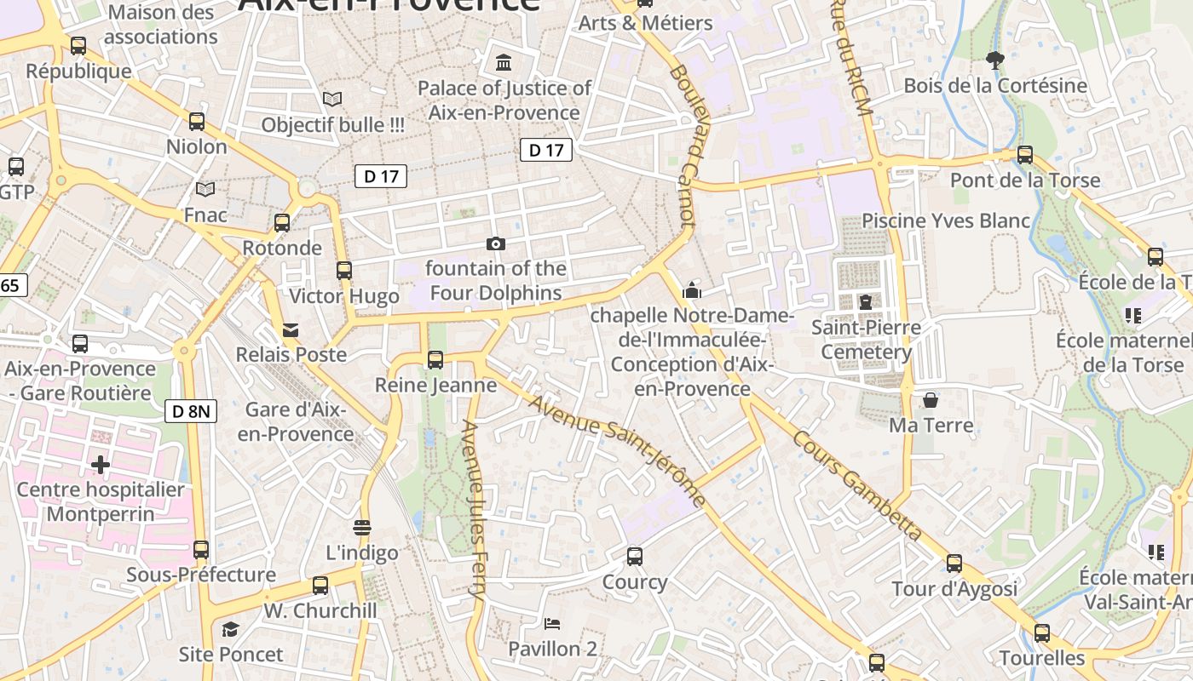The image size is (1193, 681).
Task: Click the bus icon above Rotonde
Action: pyautogui.click(x=282, y=223)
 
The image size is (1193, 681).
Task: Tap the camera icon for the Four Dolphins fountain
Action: pyautogui.click(x=495, y=244)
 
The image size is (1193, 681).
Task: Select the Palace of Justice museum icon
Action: pyautogui.click(x=504, y=62)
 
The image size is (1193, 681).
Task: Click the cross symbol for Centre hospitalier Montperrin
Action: pyautogui.click(x=101, y=465)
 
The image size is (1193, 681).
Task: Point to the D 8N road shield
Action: pyautogui.click(x=191, y=412)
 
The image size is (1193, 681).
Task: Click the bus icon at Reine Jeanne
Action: pyautogui.click(x=435, y=360)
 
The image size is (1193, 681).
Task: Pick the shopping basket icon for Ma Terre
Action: pyautogui.click(x=931, y=399)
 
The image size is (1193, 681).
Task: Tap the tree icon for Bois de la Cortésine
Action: pyautogui.click(x=994, y=60)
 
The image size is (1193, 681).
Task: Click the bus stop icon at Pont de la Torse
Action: pyautogui.click(x=1025, y=155)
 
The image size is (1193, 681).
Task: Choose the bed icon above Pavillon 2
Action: pyautogui.click(x=552, y=624)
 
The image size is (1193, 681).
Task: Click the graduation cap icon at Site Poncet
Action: pyautogui.click(x=230, y=629)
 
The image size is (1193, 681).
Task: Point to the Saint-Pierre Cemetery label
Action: pyautogui.click(x=866, y=340)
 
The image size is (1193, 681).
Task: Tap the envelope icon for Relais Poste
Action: pyautogui.click(x=291, y=329)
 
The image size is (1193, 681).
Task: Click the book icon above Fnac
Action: pyautogui.click(x=205, y=189)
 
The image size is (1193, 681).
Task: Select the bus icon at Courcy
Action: pyautogui.click(x=635, y=557)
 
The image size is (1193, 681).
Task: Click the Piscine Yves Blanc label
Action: pyautogui.click(x=946, y=220)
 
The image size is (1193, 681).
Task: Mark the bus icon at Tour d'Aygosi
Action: pyautogui.click(x=954, y=564)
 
